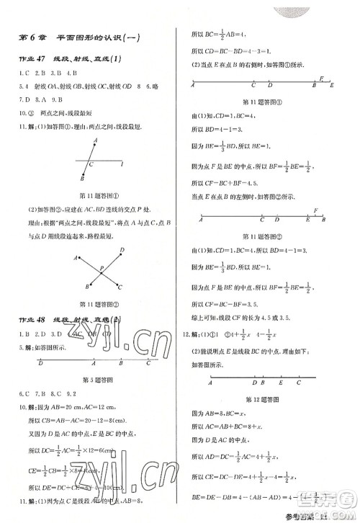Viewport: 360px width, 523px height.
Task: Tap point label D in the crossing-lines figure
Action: (x=123, y=249)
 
